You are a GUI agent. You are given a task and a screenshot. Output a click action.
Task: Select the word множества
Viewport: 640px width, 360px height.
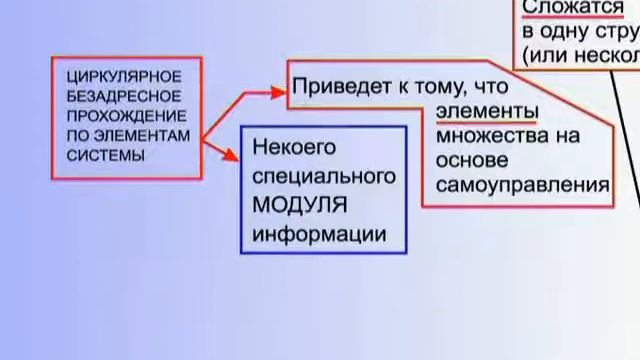click(x=497, y=134)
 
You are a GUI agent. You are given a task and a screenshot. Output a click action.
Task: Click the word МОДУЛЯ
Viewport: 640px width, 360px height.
click(x=300, y=206)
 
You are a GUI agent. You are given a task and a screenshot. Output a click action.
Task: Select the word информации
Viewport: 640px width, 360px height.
click(x=318, y=235)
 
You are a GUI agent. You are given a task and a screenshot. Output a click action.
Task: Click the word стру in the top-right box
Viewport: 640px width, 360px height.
click(x=616, y=30)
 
